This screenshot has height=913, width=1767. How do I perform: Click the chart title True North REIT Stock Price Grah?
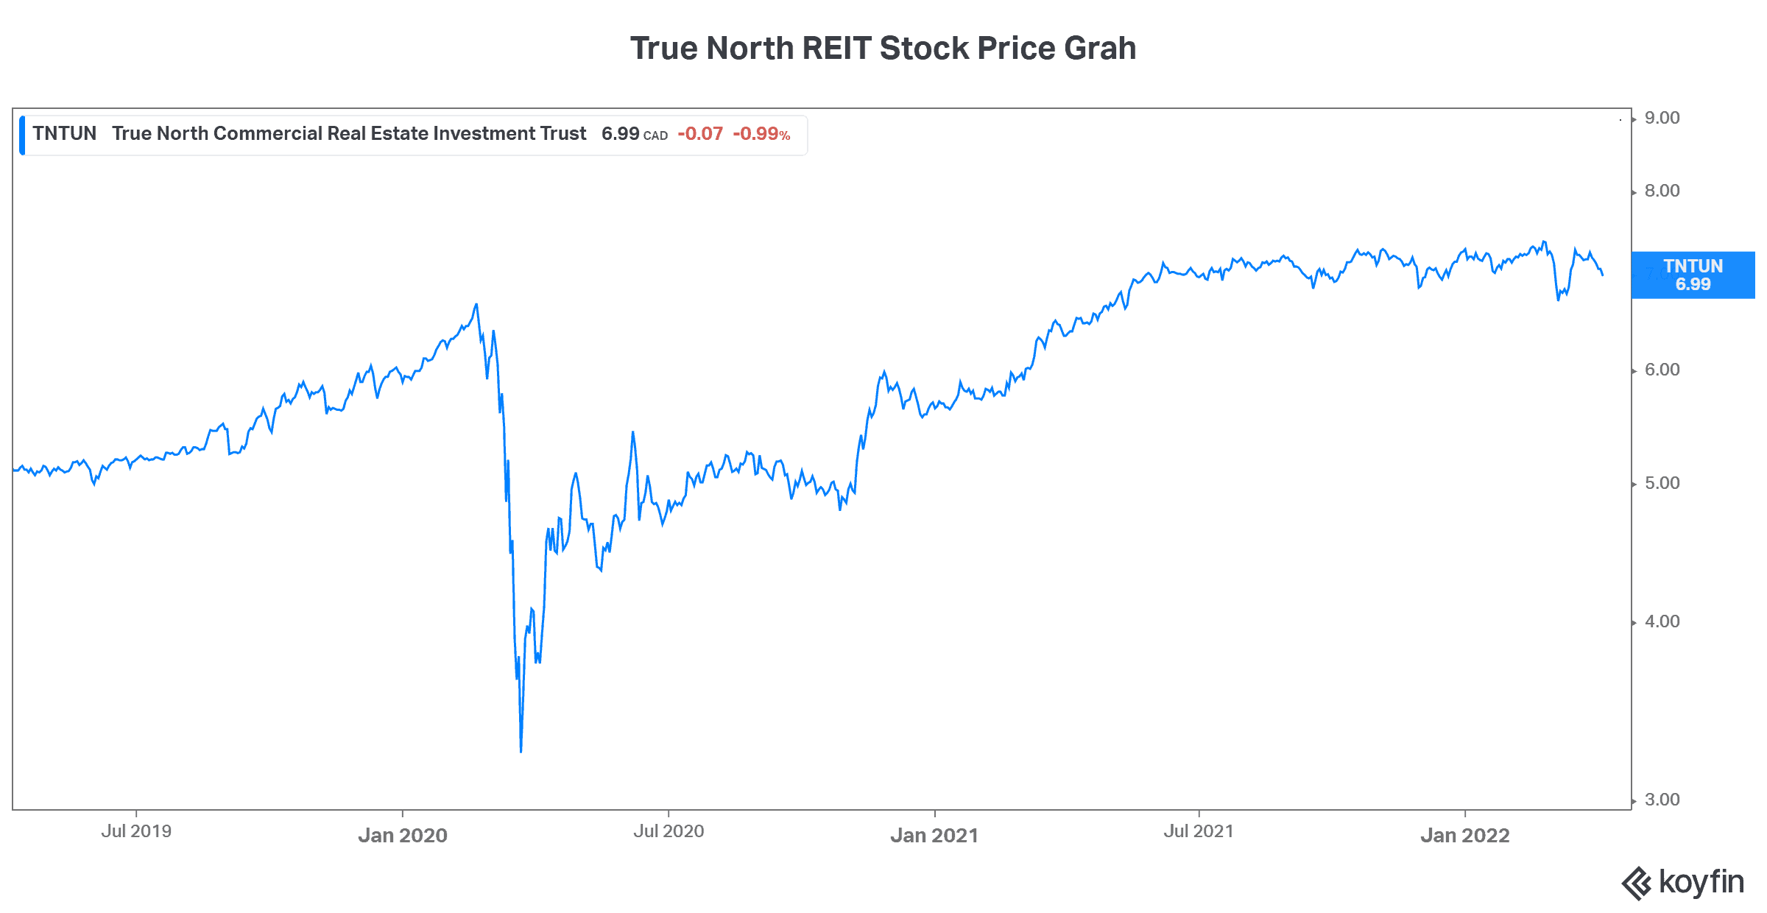click(x=883, y=49)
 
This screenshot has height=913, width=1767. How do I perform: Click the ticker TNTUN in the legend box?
click(x=65, y=133)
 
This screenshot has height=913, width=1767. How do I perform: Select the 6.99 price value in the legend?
click(x=620, y=133)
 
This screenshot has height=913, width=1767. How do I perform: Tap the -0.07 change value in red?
click(x=700, y=133)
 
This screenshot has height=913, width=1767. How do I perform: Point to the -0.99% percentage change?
click(x=761, y=133)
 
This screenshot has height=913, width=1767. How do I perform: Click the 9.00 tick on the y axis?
click(x=1662, y=118)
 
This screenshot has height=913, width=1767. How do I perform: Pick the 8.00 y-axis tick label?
click(x=1662, y=191)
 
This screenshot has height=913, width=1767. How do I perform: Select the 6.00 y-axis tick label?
click(x=1662, y=370)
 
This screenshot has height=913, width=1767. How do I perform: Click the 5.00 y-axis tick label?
click(x=1662, y=483)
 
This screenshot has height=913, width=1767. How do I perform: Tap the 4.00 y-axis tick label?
click(x=1662, y=621)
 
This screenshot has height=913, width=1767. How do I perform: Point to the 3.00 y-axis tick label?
click(x=1662, y=800)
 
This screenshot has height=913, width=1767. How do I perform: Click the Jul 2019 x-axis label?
click(x=136, y=831)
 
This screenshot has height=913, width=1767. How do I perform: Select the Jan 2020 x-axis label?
click(x=403, y=835)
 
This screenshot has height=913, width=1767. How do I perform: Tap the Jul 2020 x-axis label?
click(x=669, y=831)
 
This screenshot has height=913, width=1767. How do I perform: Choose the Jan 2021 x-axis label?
click(x=934, y=835)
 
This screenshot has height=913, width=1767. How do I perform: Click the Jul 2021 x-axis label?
click(x=1199, y=831)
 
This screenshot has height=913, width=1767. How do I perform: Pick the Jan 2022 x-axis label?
click(x=1465, y=835)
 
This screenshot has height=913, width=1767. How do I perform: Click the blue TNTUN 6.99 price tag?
click(x=1693, y=275)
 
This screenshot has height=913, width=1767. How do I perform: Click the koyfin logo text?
click(x=1701, y=881)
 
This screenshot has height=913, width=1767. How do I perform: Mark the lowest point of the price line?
click(x=521, y=752)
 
